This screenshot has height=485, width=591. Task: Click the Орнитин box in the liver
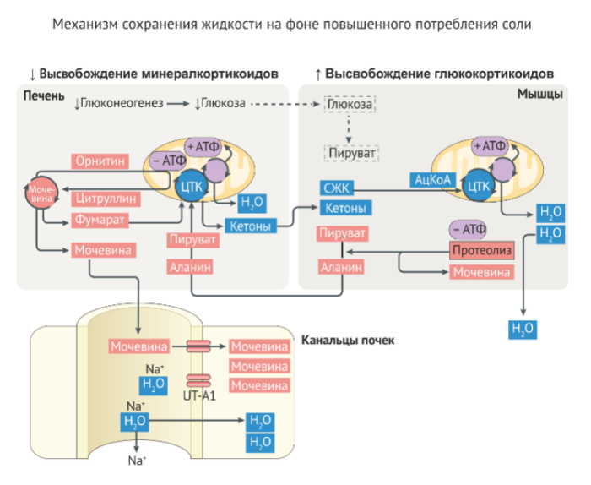(x=100, y=160)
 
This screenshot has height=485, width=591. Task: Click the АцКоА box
(x=431, y=179)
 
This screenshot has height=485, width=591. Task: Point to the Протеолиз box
(x=480, y=251)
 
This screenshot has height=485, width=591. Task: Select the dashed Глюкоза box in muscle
(x=350, y=104)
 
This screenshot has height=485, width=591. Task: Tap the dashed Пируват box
(x=350, y=154)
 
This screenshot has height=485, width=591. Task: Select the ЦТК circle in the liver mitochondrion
(x=189, y=185)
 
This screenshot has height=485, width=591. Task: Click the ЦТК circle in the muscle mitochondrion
(x=479, y=185)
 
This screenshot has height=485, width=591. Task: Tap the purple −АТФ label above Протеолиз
(x=468, y=229)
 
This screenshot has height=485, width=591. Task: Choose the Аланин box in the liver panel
(x=190, y=267)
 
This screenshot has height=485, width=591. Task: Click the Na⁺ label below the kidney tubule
(x=137, y=461)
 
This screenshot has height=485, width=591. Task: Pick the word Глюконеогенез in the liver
(x=117, y=104)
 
